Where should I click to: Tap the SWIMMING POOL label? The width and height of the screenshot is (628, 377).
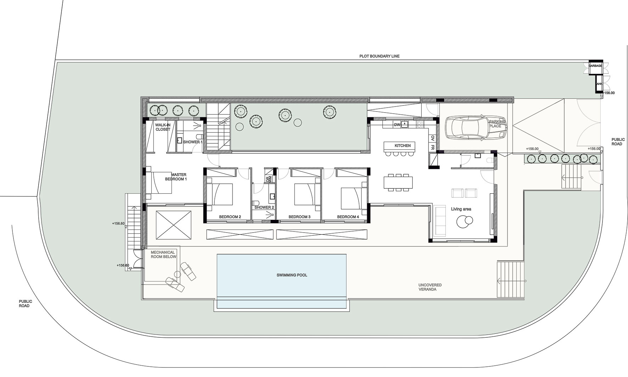(292, 275)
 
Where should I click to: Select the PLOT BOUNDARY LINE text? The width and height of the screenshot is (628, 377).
(379, 56)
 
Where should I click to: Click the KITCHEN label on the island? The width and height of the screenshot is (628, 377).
(403, 146)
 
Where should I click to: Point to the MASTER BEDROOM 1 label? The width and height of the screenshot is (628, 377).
(176, 177)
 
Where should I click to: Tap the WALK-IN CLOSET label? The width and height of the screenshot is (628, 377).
(163, 127)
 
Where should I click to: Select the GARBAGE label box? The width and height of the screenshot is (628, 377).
(595, 66)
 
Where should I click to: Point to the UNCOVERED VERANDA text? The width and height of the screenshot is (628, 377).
(430, 287)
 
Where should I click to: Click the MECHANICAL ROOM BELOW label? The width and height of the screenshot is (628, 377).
(163, 255)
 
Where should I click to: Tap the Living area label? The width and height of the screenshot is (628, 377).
(461, 209)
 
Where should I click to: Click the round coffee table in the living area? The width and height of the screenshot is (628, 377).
(464, 222)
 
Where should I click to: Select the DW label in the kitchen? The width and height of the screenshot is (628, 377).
(397, 125)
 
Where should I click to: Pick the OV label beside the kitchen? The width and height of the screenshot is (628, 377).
(433, 138)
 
